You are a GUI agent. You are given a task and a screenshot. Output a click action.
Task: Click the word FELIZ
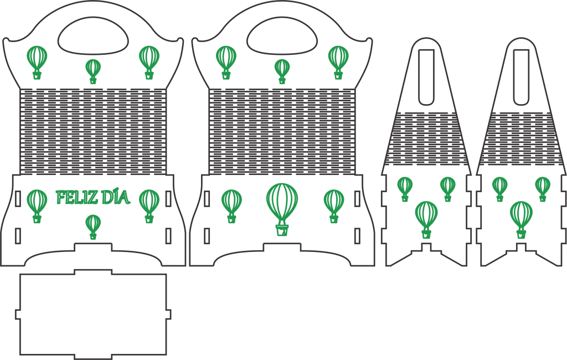(77, 197)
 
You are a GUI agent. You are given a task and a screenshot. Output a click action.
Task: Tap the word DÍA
(115, 197)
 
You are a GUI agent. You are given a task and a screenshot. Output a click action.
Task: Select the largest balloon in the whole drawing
(282, 209)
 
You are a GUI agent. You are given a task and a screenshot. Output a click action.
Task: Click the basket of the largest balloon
(282, 230)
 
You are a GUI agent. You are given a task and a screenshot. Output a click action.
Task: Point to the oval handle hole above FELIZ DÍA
(93, 35)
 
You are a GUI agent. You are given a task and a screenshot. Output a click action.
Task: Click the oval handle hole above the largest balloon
(282, 35)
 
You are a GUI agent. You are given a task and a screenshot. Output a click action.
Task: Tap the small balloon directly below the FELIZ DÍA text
(93, 227)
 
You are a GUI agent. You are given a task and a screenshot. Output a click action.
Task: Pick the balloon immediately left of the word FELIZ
(37, 206)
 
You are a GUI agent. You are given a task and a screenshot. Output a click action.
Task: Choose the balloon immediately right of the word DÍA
(149, 206)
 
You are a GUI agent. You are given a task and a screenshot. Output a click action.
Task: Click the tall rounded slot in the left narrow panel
(426, 77)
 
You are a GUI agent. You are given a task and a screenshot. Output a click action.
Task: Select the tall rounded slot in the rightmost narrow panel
(521, 77)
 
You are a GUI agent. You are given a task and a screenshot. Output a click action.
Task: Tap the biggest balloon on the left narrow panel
(426, 220)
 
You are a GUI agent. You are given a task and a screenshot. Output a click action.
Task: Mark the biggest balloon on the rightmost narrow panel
(521, 220)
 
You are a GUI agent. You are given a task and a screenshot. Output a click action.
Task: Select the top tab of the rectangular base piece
(93, 272)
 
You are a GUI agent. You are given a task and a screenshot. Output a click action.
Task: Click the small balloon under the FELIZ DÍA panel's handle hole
(93, 71)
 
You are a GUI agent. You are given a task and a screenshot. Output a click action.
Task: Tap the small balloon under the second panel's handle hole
(282, 71)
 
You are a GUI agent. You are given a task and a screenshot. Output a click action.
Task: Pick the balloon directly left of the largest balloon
(231, 206)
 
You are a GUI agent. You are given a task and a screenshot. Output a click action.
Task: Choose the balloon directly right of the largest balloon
(334, 206)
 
